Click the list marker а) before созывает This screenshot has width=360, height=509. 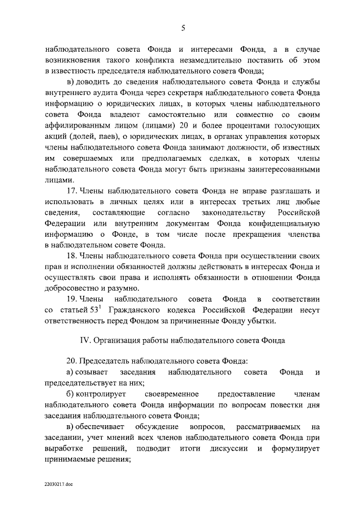point(71,373)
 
